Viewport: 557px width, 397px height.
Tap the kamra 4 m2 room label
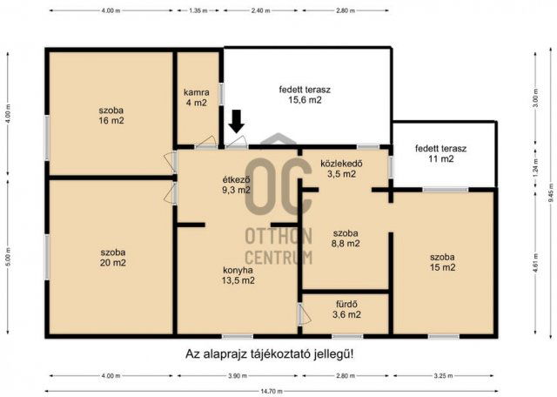(x=196, y=97)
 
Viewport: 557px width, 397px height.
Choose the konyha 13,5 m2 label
(x=236, y=274)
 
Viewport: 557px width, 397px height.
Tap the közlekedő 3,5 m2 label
(x=341, y=168)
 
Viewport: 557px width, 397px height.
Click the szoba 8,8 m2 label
(x=346, y=239)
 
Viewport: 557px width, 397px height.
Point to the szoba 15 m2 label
(x=442, y=261)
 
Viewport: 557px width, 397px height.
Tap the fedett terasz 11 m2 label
(x=440, y=153)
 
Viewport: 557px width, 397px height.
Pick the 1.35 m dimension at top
(x=198, y=10)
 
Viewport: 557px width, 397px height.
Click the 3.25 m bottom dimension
(x=442, y=376)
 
